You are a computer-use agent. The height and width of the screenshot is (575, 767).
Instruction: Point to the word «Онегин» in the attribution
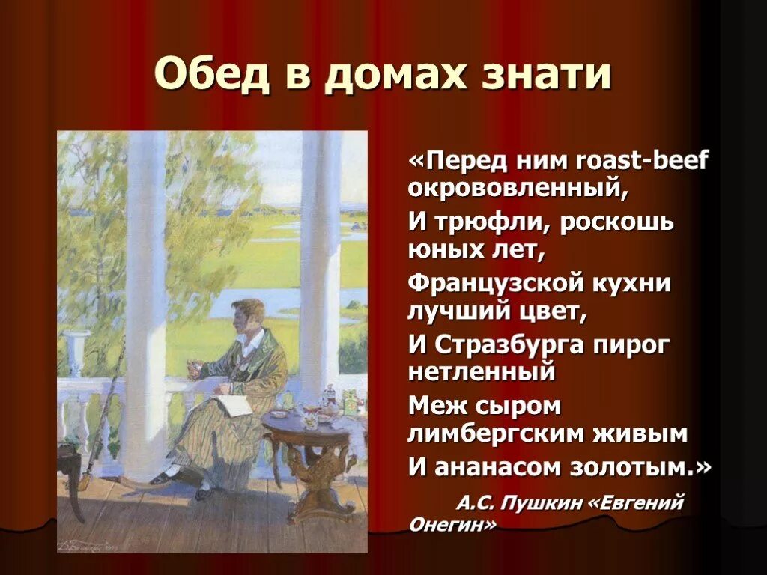[x=452, y=525]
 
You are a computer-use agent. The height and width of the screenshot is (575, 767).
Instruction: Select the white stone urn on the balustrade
[x=76, y=352]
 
